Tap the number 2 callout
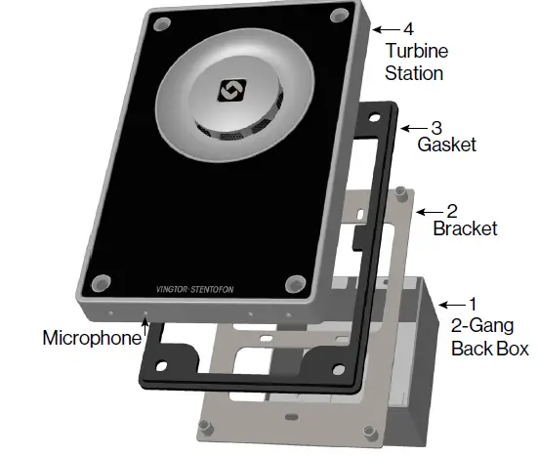tap(452, 210)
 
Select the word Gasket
tap(446, 146)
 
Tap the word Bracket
tap(465, 229)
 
